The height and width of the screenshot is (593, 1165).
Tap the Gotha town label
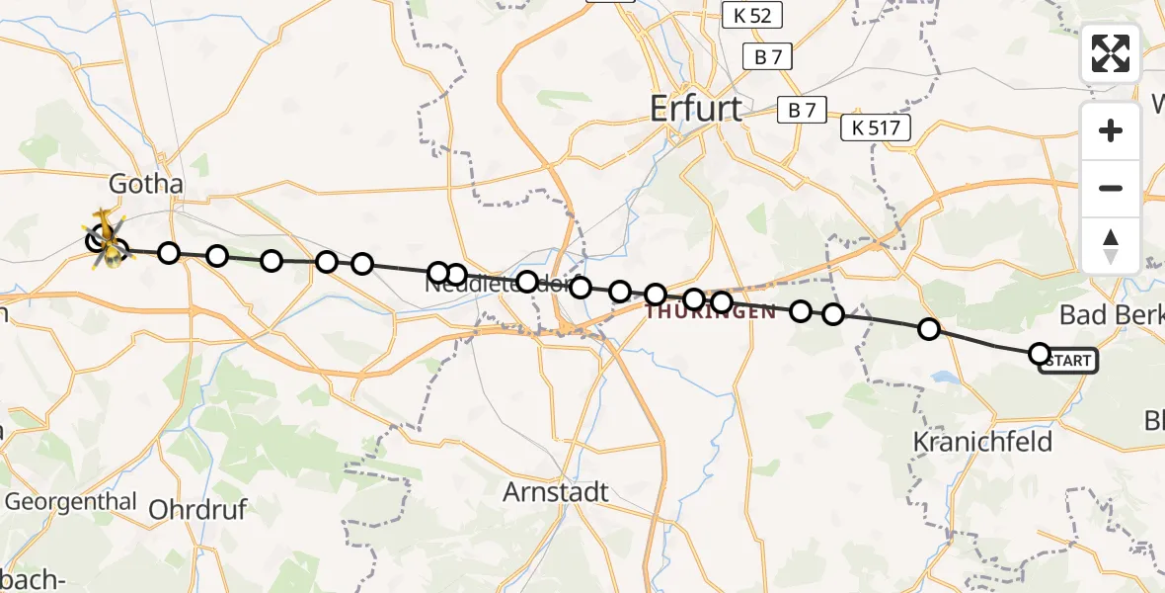[x=146, y=185]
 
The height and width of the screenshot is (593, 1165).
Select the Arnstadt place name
[x=556, y=491]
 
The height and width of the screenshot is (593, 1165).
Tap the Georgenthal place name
[x=70, y=501]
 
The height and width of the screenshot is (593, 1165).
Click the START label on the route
[x=1068, y=362]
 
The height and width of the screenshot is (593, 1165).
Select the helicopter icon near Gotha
[x=107, y=238]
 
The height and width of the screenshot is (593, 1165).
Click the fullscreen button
[x=1111, y=53]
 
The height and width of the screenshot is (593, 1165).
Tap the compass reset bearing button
[x=1111, y=245]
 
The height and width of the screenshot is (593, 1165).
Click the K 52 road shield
[x=752, y=15]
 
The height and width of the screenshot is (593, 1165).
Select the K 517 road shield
[x=875, y=127]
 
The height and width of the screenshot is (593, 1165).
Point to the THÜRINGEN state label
[x=711, y=312]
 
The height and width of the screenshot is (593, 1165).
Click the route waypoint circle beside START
[x=1039, y=354]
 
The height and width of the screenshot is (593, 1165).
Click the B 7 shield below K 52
[x=768, y=57]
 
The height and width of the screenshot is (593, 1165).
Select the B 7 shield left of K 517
[x=802, y=111]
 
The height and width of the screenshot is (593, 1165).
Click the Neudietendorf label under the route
[x=498, y=285]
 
